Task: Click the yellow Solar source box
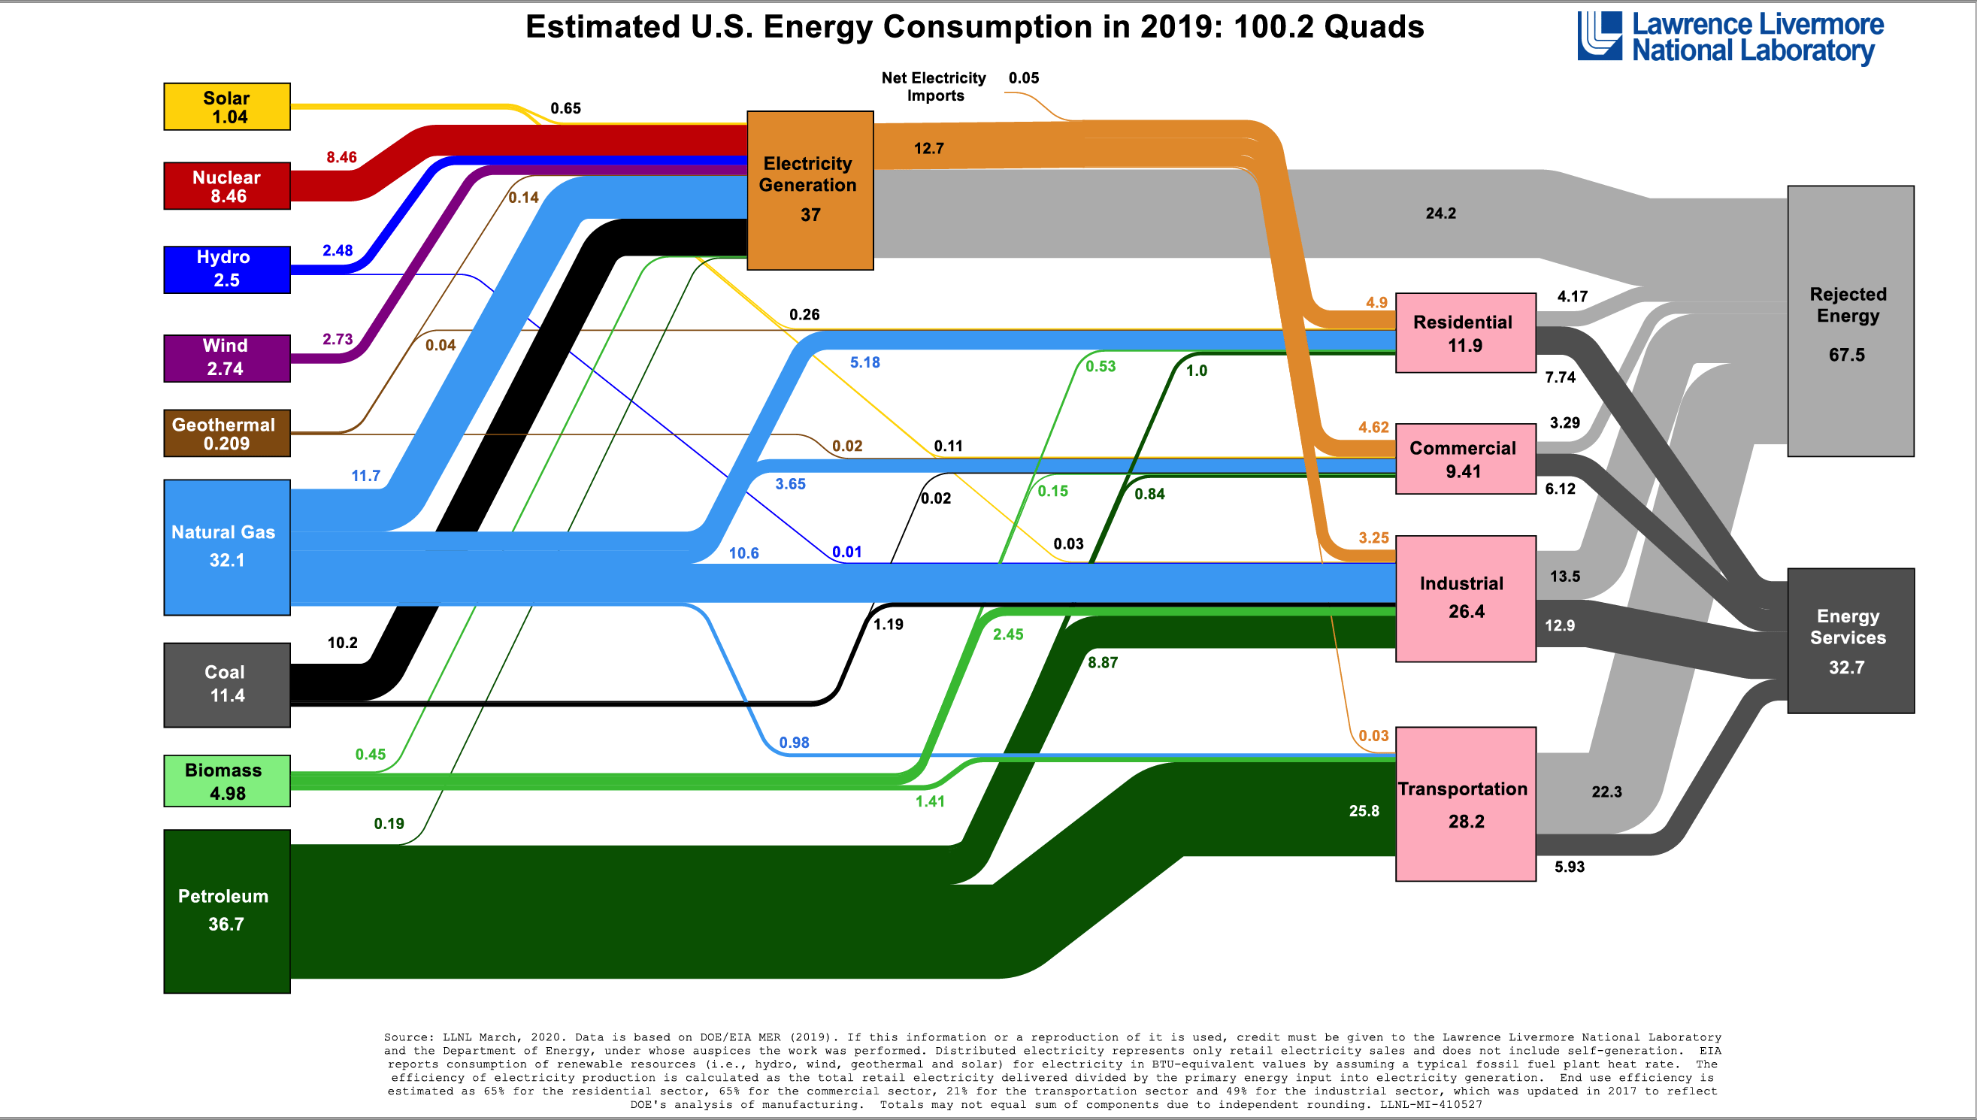tap(227, 107)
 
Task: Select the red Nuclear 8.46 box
tap(227, 186)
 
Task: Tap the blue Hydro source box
tap(227, 269)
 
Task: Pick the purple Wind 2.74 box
tap(227, 358)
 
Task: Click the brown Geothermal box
tap(227, 433)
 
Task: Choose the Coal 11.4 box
tap(227, 685)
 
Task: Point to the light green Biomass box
tap(227, 781)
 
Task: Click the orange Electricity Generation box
tap(810, 190)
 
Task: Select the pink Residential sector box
tap(1465, 333)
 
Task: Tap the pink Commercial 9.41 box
tap(1465, 459)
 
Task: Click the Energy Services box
tap(1850, 640)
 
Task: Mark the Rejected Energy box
tap(1850, 321)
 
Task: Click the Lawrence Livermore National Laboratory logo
tap(1730, 37)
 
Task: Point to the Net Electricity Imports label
tap(934, 86)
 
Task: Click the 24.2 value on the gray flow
tap(1440, 213)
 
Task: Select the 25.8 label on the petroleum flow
tap(1364, 811)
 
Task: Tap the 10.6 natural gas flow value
tap(744, 553)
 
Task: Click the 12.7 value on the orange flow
tap(928, 149)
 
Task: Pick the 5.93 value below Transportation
tap(1570, 867)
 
